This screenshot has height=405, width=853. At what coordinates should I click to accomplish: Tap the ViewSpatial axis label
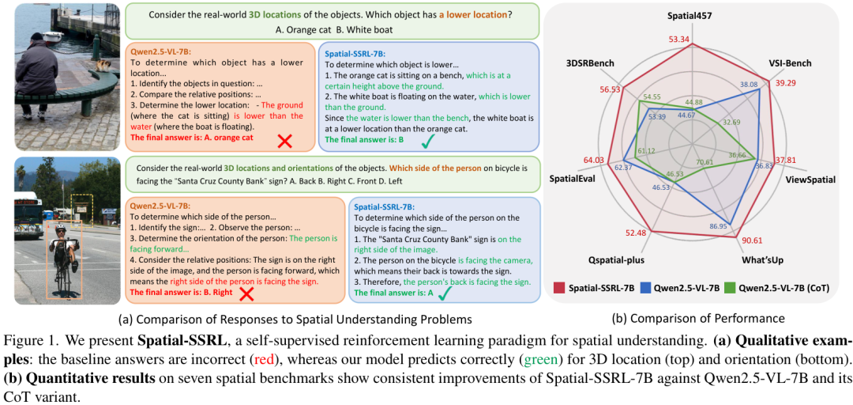pos(810,180)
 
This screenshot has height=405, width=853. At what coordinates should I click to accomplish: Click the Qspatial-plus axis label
pos(615,259)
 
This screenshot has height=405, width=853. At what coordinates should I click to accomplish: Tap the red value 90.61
pos(752,240)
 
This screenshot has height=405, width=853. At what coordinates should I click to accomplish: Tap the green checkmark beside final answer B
pos(427,141)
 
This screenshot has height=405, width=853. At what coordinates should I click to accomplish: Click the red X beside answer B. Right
pos(246,293)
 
